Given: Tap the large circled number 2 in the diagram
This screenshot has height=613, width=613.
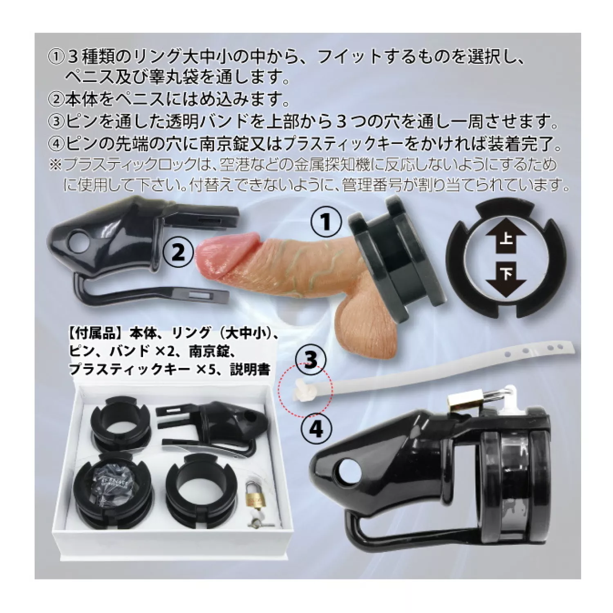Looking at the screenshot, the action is pos(178,252).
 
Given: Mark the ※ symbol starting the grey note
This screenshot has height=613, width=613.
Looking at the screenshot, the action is pos(55,166).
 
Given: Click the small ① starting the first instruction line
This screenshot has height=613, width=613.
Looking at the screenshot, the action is pos(55,57).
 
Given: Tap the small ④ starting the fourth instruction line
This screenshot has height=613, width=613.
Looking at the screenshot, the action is pos(56,143).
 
